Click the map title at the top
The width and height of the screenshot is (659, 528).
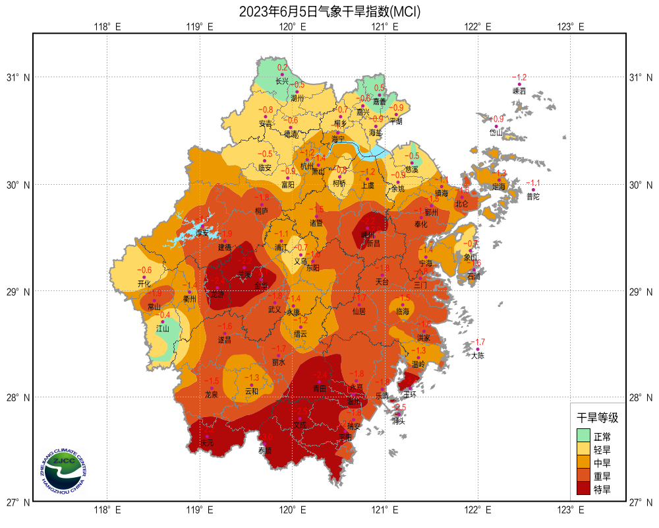coord(329,11)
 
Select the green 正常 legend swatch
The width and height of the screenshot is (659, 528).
coord(583,436)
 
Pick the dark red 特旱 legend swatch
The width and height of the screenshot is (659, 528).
coord(583,489)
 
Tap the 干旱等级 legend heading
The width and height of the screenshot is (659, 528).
coord(598,418)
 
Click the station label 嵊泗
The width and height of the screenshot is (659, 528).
coord(519,91)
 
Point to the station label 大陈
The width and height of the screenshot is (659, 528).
coord(478,356)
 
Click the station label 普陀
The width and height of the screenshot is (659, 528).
coord(533,196)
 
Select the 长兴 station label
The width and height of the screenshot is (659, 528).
coord(282,81)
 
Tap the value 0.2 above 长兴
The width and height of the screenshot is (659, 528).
coord(282,67)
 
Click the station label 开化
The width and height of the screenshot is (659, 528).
coord(144,283)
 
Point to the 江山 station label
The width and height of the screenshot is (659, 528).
coord(163,328)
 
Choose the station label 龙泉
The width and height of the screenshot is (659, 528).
coord(212,395)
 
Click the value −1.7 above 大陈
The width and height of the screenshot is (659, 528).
coord(478,342)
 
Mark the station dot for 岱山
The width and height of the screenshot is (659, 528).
coord(496,126)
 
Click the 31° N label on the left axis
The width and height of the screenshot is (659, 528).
coord(18,78)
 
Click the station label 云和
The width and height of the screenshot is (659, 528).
coord(252,391)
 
